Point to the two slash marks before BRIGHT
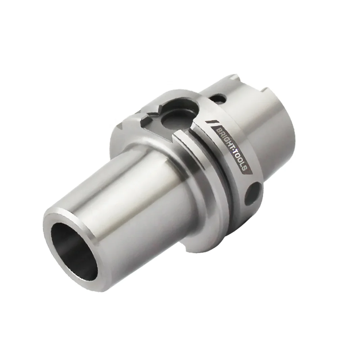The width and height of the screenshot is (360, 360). click(212, 122)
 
